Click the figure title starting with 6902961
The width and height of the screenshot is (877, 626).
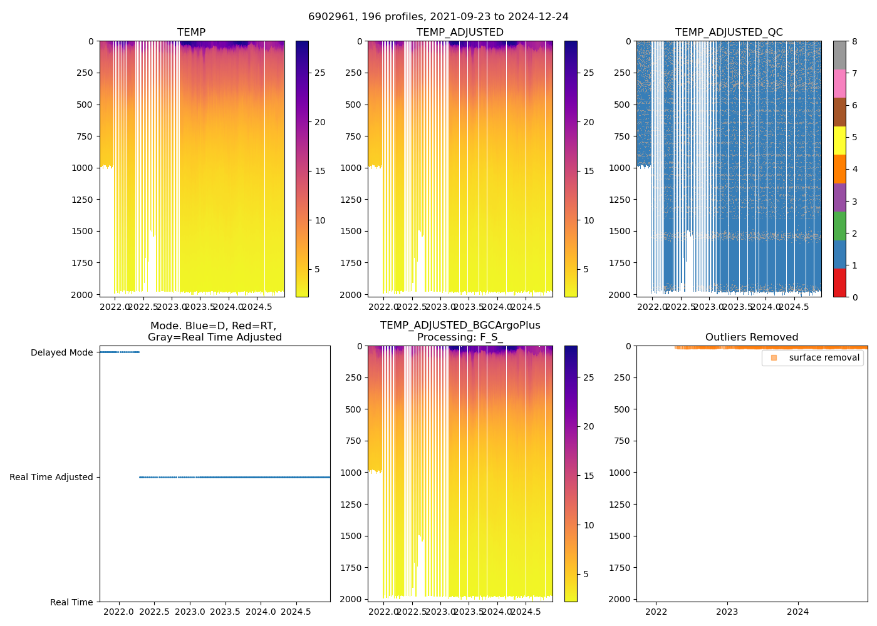tap(438, 17)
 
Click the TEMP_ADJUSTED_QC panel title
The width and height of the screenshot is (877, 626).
tap(729, 33)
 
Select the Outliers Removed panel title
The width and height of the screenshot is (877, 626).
tap(752, 337)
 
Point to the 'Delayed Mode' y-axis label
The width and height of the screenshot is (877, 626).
tap(61, 352)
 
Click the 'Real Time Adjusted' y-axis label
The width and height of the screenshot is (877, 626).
tap(51, 477)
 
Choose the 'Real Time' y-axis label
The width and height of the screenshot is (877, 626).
tap(71, 602)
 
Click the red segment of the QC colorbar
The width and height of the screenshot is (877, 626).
tap(839, 283)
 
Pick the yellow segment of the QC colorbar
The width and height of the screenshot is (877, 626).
tap(839, 141)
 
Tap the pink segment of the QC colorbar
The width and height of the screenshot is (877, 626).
tap(839, 84)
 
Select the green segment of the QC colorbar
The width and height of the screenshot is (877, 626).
tap(839, 226)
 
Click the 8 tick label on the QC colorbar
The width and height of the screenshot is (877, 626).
tap(854, 41)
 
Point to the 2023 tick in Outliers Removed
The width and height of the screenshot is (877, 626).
tap(727, 612)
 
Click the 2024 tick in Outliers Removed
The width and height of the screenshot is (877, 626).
tap(798, 612)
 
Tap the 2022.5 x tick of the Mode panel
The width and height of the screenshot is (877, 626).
tap(154, 612)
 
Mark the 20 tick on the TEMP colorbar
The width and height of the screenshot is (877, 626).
tap(319, 122)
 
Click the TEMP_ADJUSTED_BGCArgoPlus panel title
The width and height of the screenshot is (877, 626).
tap(460, 331)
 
